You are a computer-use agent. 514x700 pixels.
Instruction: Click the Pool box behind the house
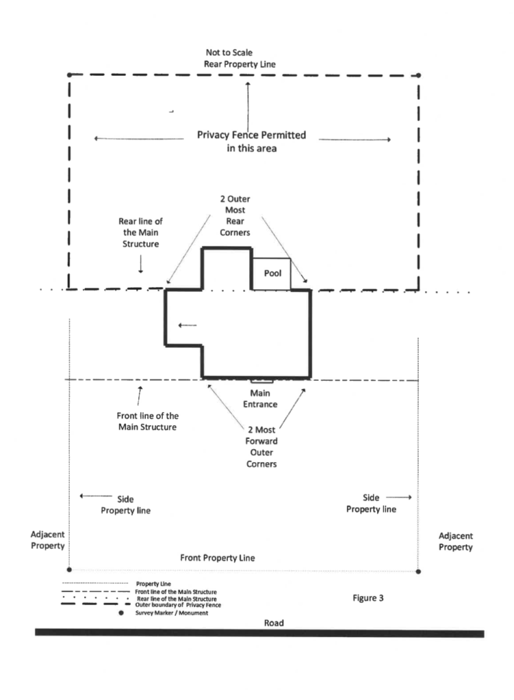tap(271, 273)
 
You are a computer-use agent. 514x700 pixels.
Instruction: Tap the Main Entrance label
tap(260, 399)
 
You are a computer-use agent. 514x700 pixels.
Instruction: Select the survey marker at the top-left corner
tap(69, 75)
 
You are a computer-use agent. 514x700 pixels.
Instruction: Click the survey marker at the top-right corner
tap(418, 75)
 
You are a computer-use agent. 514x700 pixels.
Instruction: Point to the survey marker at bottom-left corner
tap(69, 569)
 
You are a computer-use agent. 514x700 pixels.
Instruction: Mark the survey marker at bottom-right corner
tap(418, 571)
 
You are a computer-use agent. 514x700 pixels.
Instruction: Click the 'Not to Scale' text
tap(229, 53)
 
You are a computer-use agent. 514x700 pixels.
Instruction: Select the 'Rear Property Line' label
tap(240, 64)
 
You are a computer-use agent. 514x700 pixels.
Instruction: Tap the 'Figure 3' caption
tap(368, 598)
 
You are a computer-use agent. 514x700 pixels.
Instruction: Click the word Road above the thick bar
tap(274, 623)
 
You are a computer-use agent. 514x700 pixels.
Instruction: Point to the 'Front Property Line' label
tap(217, 558)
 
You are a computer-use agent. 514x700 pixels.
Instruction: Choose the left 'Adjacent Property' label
tap(47, 540)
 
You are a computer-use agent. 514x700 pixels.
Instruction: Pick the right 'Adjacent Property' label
tap(455, 541)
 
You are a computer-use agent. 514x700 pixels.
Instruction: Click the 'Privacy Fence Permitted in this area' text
tap(252, 142)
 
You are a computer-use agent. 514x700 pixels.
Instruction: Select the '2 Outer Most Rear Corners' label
tap(235, 215)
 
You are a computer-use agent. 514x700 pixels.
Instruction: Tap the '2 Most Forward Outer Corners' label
tap(261, 447)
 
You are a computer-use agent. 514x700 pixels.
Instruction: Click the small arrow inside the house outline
tap(188, 325)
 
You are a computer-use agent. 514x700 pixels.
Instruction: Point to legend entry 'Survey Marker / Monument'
tap(172, 613)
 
